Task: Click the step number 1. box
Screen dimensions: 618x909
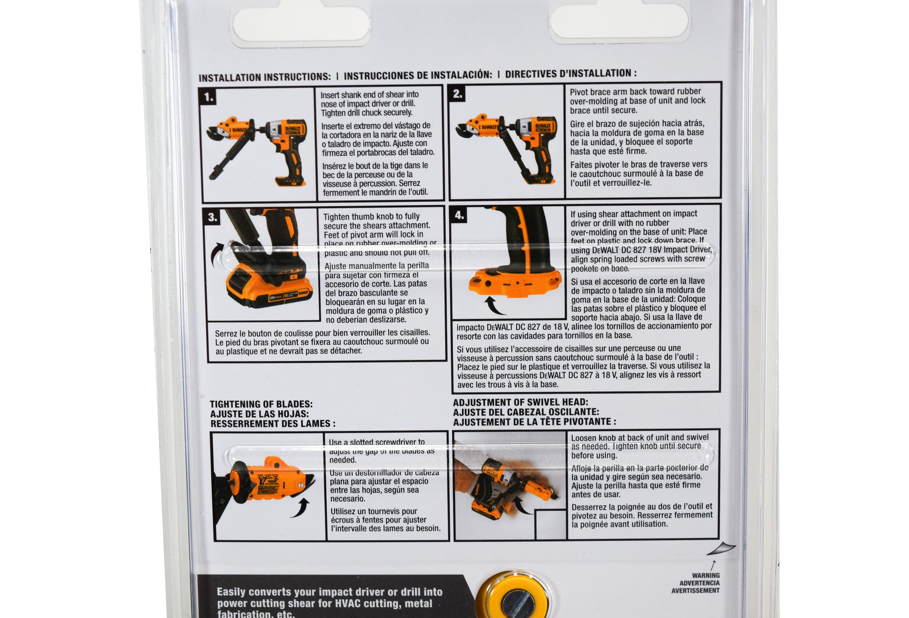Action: click(209, 97)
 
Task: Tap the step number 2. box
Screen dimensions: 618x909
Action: click(458, 94)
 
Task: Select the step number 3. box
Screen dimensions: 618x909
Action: click(213, 217)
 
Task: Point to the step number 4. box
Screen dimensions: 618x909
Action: click(459, 215)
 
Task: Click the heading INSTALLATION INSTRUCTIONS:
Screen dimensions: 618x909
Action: click(265, 77)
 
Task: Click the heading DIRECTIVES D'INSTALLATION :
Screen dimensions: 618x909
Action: click(571, 74)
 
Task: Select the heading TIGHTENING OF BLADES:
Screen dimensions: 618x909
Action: click(261, 404)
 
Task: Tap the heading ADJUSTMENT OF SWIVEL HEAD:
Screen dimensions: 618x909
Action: click(520, 402)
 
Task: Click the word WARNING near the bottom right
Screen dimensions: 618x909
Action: click(706, 575)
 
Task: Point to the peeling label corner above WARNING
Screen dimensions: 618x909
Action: click(721, 549)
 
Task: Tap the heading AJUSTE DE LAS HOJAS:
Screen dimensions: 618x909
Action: click(259, 414)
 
